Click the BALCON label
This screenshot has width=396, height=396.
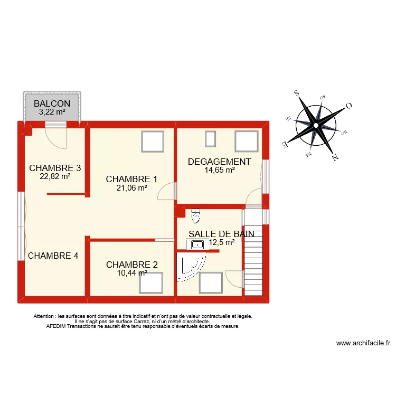tap(52, 103)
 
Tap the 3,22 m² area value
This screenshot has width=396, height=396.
tap(52, 111)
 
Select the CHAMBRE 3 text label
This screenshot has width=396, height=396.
tap(55, 168)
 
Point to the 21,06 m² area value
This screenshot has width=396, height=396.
tap(132, 187)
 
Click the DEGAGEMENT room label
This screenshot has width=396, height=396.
tap(219, 162)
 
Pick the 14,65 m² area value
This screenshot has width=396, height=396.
tap(219, 170)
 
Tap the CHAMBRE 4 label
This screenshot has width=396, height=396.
tap(53, 256)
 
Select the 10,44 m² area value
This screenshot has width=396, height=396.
tap(131, 273)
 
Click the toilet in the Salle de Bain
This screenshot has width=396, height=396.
tap(196, 216)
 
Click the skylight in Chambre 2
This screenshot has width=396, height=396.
tap(151, 282)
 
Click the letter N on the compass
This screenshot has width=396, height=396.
tap(335, 156)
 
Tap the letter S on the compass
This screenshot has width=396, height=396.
tap(297, 93)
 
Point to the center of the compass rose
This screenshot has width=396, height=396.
tap(316, 125)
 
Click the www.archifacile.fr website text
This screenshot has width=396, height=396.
tap(363, 343)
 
